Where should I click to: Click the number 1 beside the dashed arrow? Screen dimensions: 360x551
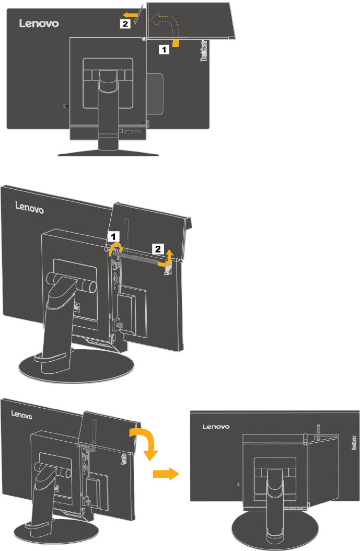(164, 50)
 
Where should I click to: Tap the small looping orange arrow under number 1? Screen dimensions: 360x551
(117, 248)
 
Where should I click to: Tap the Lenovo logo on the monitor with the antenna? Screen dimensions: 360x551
(216, 427)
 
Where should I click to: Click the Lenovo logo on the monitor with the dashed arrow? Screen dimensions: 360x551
(39, 24)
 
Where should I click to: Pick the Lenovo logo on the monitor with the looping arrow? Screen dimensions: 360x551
(30, 208)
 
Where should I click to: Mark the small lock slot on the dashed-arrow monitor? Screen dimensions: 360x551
(64, 106)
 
